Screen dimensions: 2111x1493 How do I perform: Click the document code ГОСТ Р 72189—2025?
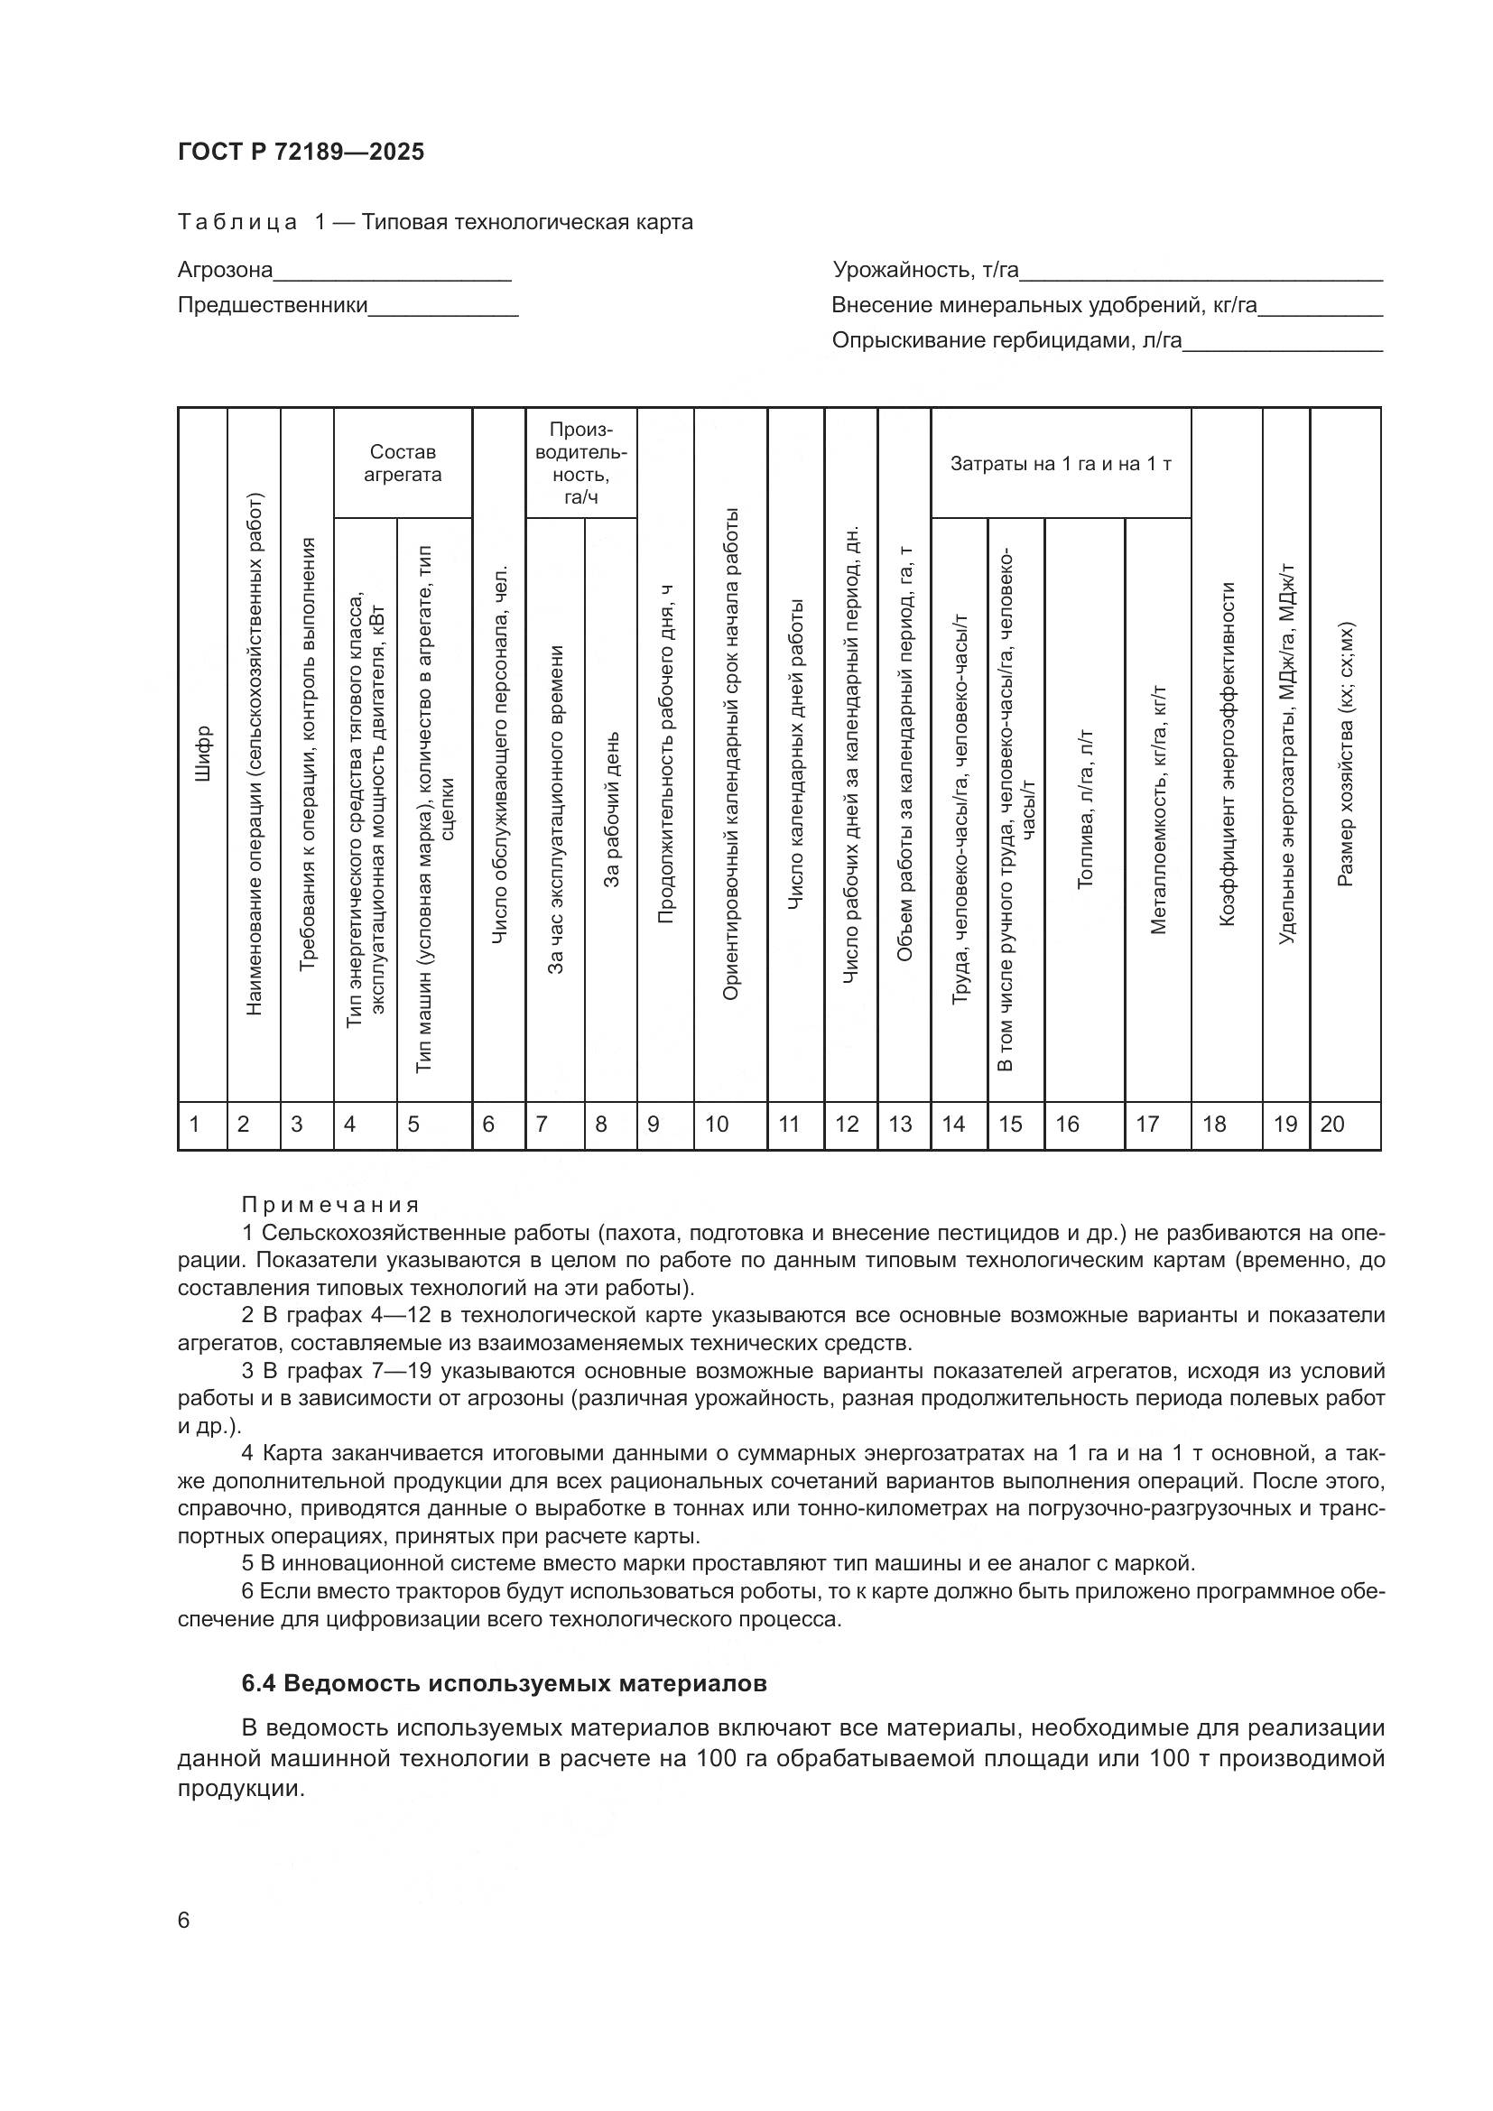pyautogui.click(x=301, y=153)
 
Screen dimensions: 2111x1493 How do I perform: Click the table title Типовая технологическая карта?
pyautogui.click(x=528, y=223)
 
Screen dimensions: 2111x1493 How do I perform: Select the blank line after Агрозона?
pyautogui.click(x=393, y=273)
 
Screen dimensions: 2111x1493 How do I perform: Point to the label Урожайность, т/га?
pyautogui.click(x=926, y=271)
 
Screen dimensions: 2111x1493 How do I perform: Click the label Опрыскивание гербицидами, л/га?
pyautogui.click(x=1006, y=341)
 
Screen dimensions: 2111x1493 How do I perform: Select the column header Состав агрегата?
pyautogui.click(x=403, y=463)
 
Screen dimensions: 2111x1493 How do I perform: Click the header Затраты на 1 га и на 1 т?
pyautogui.click(x=1061, y=463)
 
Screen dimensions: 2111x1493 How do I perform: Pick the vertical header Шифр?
pyautogui.click(x=203, y=754)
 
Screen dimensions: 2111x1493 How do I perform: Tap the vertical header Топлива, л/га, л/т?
pyautogui.click(x=1085, y=809)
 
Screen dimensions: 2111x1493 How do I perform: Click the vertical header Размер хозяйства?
pyautogui.click(x=1345, y=754)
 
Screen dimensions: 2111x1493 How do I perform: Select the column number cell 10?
pyautogui.click(x=717, y=1125)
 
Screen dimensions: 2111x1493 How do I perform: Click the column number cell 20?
pyautogui.click(x=1332, y=1125)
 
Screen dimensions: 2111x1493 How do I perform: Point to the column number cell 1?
pyautogui.click(x=195, y=1125)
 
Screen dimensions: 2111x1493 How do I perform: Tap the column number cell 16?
pyautogui.click(x=1067, y=1125)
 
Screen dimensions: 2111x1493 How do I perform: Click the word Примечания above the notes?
pyautogui.click(x=331, y=1206)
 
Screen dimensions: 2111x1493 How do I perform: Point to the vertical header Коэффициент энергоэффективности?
pyautogui.click(x=1227, y=754)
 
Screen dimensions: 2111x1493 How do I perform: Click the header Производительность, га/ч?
pyautogui.click(x=581, y=463)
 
